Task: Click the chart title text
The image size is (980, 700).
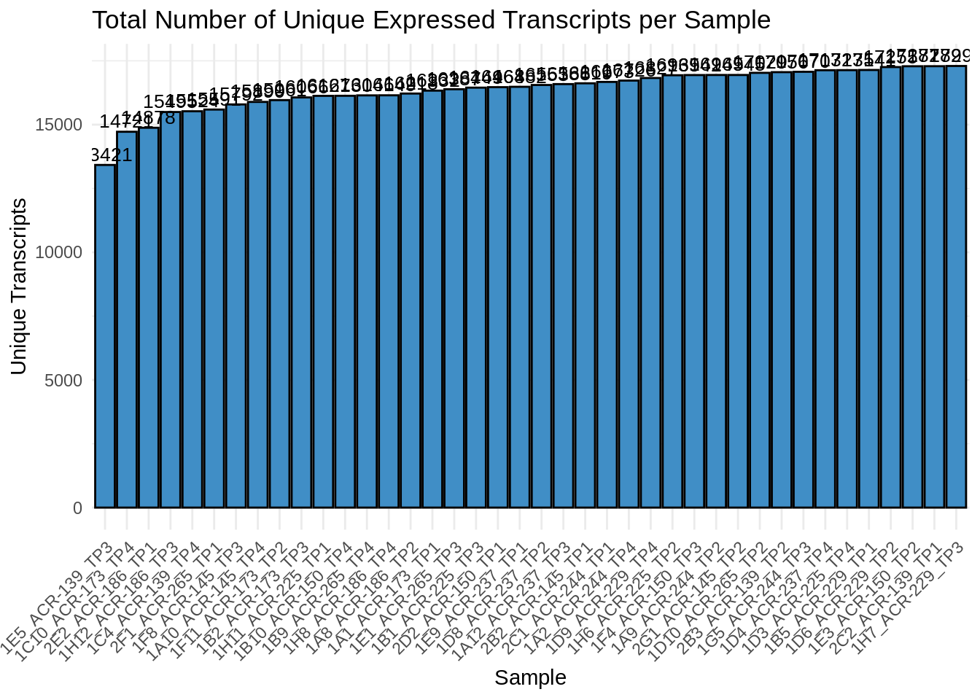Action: coord(431,20)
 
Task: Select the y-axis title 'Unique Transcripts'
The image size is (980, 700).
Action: coord(20,286)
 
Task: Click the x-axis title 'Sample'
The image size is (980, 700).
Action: coord(530,677)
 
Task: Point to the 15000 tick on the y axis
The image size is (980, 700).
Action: coord(58,125)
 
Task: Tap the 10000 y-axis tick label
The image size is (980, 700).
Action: coord(58,252)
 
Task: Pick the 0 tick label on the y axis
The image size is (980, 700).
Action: coord(77,508)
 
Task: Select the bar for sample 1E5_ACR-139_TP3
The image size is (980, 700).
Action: coord(105,335)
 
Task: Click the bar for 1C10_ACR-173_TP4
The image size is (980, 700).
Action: coord(127,319)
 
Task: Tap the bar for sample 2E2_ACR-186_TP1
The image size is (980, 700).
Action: coord(149,318)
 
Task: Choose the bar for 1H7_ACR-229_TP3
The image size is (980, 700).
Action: coord(956,287)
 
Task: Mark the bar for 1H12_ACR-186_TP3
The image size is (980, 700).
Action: coord(171,309)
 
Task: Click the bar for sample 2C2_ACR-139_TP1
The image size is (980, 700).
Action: coord(934,287)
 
